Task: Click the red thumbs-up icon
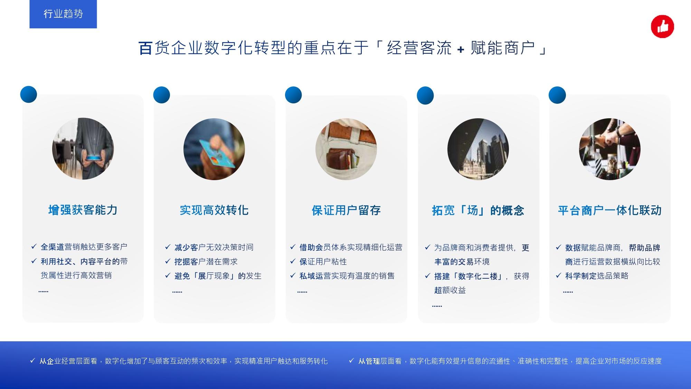coord(662,26)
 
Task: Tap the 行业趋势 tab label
coord(63,14)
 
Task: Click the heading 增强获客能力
coord(83,210)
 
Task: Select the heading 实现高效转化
coord(214,210)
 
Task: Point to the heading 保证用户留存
coord(346,210)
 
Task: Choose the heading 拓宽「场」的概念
coord(478,210)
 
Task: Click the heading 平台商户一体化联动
coord(610,210)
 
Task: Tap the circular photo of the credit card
coord(214,149)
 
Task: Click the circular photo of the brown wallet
coord(346,149)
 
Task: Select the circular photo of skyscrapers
coord(478,149)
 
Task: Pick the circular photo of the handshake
coord(610,149)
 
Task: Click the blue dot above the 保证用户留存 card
coord(293,95)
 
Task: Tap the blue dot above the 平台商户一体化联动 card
coord(557,95)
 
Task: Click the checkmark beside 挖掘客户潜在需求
coord(168,261)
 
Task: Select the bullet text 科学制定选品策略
coord(597,276)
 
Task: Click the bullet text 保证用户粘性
coord(323,262)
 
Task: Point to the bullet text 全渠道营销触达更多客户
coord(84,247)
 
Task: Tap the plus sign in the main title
coord(461,49)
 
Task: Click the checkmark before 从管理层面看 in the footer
coord(351,361)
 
